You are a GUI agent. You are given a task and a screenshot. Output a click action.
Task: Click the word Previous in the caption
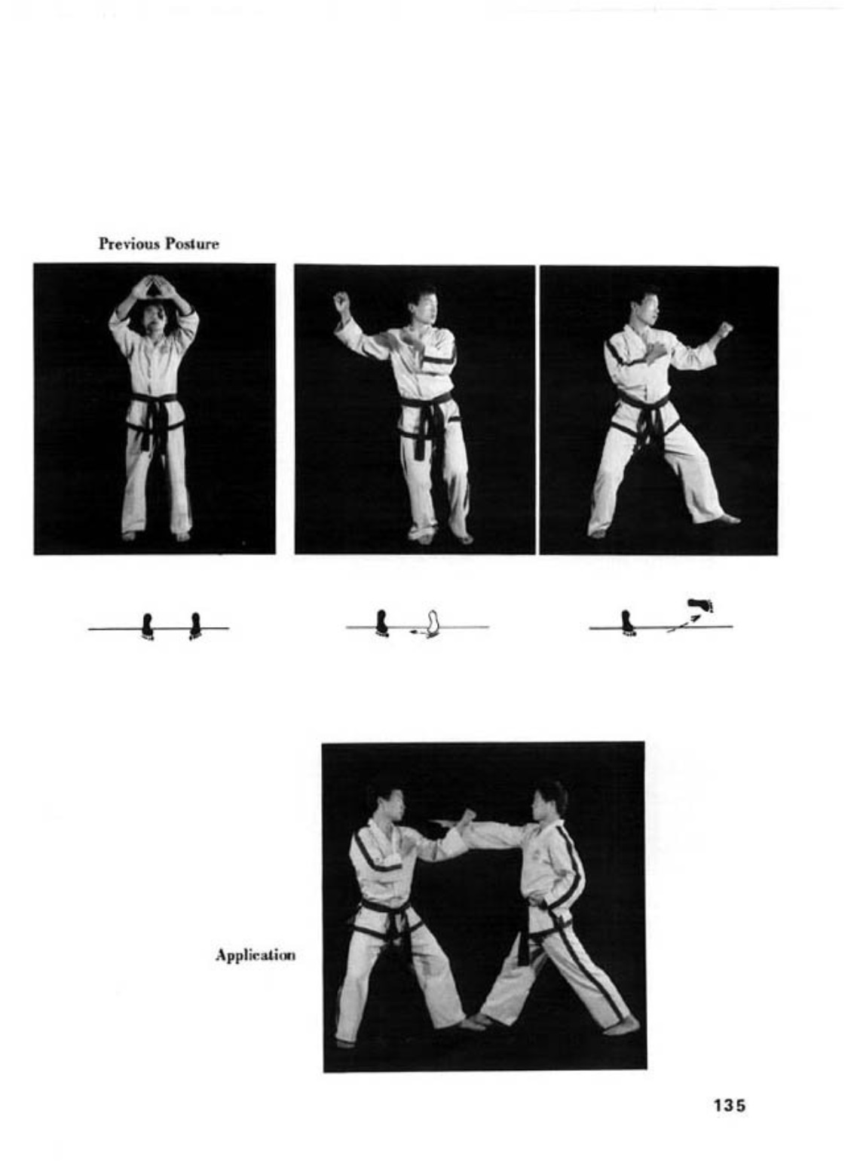point(128,243)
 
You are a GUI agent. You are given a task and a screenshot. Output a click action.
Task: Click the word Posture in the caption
point(191,243)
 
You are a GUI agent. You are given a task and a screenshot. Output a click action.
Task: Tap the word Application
point(255,955)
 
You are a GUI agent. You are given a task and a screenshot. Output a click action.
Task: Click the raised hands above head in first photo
point(154,287)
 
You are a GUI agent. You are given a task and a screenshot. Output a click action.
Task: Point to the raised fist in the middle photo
point(341,301)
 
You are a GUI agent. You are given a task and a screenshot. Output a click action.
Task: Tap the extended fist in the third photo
point(724,329)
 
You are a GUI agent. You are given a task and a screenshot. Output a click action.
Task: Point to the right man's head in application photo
point(549,800)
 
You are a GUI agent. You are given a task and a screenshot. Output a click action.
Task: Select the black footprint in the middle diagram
point(382,623)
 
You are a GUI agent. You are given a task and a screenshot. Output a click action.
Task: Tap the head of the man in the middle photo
point(423,303)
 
